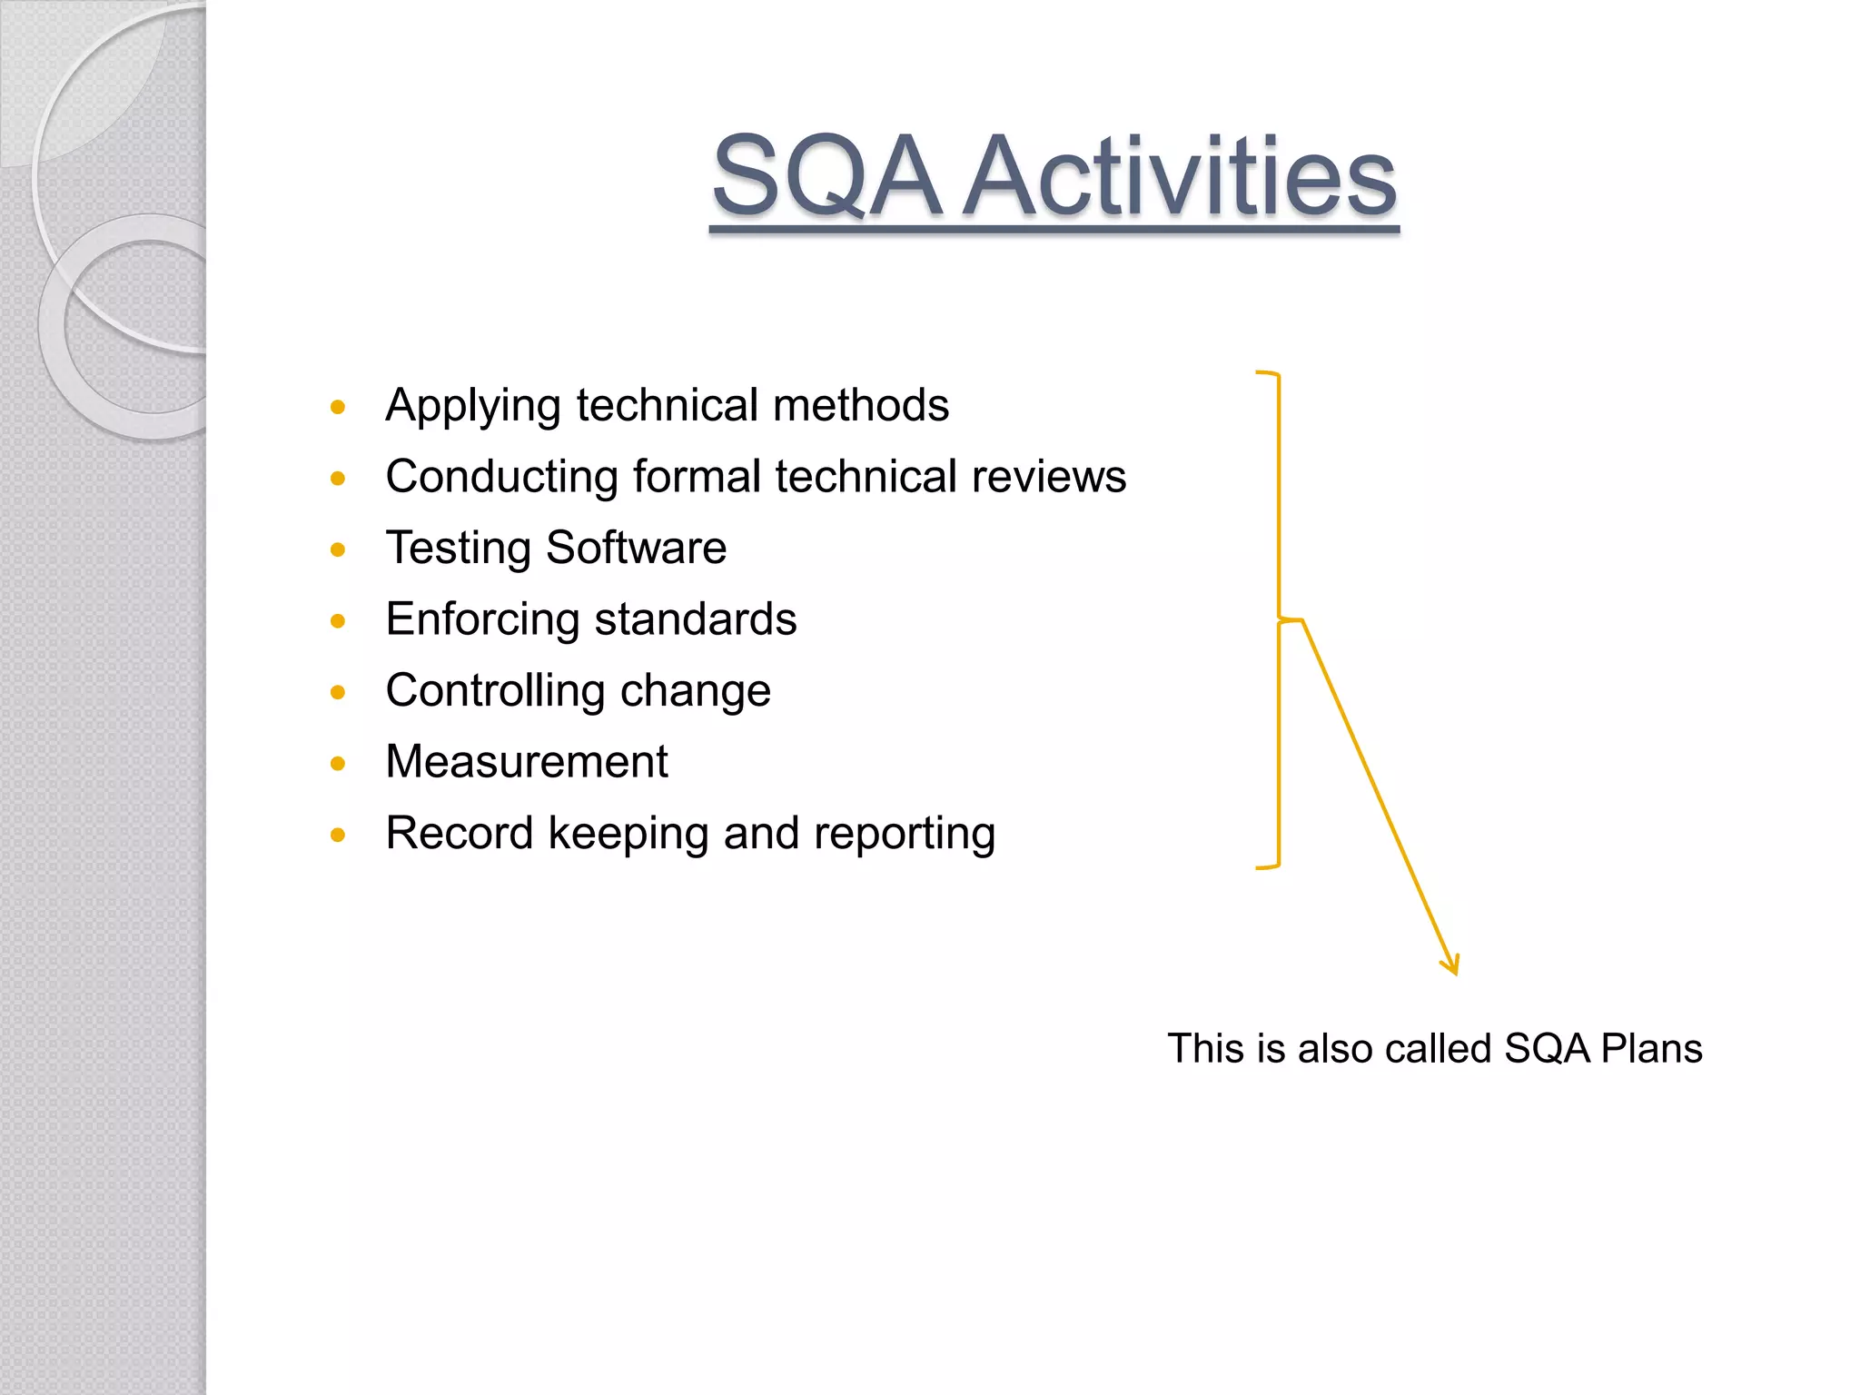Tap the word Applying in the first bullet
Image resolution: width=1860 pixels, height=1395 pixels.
(x=473, y=406)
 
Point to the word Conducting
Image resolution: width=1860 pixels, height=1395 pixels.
(x=502, y=477)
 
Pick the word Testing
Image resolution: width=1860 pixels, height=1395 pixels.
(x=459, y=549)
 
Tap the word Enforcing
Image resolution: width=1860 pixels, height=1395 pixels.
(x=482, y=620)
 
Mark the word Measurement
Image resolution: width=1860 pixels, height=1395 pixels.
(x=527, y=762)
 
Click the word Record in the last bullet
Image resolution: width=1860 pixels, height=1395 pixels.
(x=460, y=833)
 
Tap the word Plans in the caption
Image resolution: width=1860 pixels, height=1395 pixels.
(x=1651, y=1048)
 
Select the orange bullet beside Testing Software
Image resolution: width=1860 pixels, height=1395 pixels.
(x=339, y=549)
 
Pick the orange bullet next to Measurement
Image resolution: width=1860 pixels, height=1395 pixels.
(x=339, y=764)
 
